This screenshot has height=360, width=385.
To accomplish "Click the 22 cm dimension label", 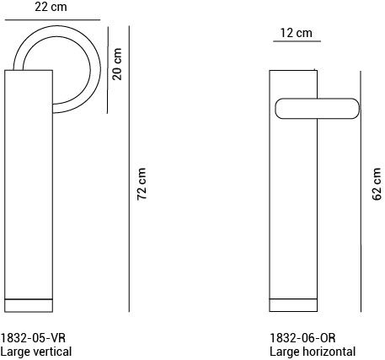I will pyautogui.click(x=51, y=7).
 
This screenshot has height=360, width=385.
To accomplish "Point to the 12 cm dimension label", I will pyautogui.click(x=295, y=33).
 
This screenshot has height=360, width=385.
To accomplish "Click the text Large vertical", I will pyautogui.click(x=36, y=352).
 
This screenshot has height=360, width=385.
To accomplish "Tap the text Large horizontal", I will pyautogui.click(x=313, y=352).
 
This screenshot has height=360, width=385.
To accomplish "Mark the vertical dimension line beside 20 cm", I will pyautogui.click(x=108, y=67).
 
